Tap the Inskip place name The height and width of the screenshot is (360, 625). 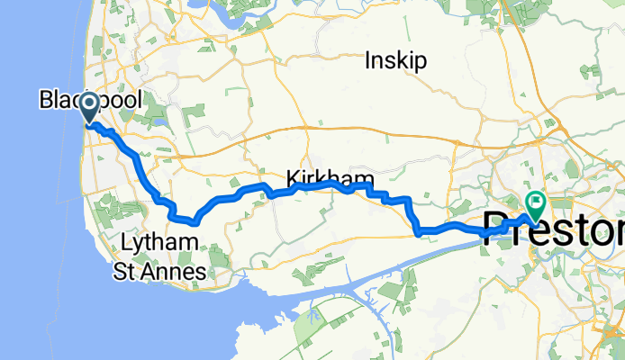(396, 61)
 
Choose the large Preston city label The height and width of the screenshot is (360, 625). (554, 229)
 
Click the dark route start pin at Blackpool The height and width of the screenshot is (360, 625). (91, 110)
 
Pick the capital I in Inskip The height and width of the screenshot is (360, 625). (369, 61)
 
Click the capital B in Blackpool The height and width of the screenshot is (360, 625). (45, 100)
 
